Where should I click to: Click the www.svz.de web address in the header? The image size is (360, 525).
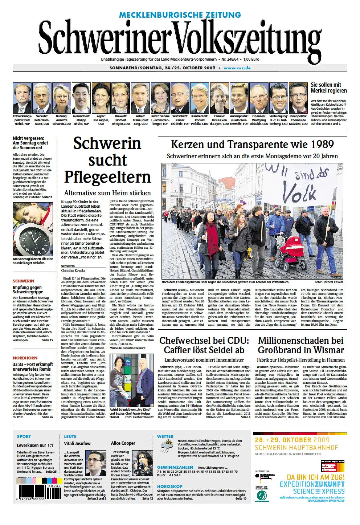click(237, 68)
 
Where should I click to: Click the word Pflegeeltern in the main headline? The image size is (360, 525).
click(107, 177)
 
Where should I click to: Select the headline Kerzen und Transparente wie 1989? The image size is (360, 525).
click(252, 145)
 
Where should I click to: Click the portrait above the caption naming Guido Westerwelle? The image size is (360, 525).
click(239, 98)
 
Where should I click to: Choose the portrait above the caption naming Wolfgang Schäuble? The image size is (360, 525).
click(259, 98)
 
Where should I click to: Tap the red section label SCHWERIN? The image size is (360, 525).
click(24, 281)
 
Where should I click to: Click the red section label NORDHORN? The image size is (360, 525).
click(25, 358)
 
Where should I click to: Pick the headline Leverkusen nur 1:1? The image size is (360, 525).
click(35, 445)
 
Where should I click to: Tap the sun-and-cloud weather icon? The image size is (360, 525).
click(167, 445)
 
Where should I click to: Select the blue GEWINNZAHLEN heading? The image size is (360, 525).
click(175, 467)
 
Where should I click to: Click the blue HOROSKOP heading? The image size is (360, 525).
click(169, 487)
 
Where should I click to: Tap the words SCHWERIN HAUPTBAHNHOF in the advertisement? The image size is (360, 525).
click(296, 448)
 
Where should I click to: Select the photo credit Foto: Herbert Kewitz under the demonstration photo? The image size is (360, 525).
click(329, 282)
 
